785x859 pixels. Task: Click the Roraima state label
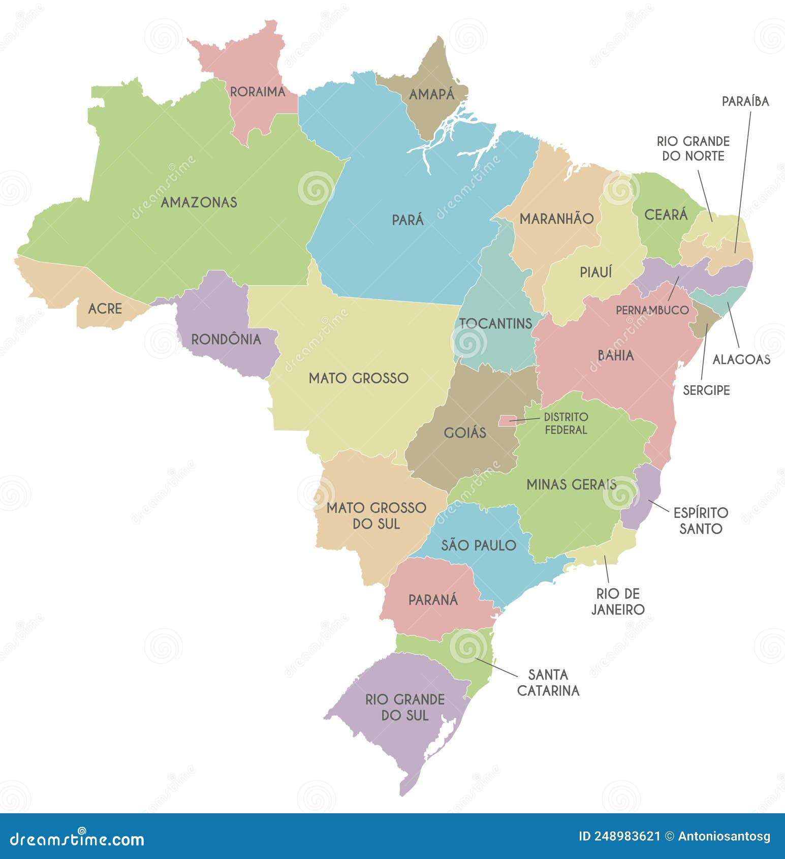[x=258, y=92]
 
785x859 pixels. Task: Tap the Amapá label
[x=432, y=95]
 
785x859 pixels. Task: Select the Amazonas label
[x=199, y=202]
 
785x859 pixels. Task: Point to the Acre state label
[x=105, y=309]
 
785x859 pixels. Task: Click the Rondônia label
[x=226, y=340]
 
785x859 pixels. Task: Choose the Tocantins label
[x=495, y=323]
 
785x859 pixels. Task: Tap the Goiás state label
[x=465, y=433]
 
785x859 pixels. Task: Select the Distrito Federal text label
[x=566, y=423]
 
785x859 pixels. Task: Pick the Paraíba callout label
[x=745, y=102]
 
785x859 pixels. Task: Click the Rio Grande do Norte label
[x=693, y=148]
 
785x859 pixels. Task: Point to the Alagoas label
[x=741, y=360]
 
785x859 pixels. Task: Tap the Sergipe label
[x=706, y=390]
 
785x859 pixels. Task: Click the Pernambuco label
[x=652, y=310]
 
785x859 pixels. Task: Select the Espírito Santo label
[x=701, y=520]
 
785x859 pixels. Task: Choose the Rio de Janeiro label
[x=618, y=601]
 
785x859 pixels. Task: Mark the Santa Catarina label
[x=548, y=683]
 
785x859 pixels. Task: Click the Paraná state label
[x=433, y=600]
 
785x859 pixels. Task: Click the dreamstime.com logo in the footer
[x=77, y=839]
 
